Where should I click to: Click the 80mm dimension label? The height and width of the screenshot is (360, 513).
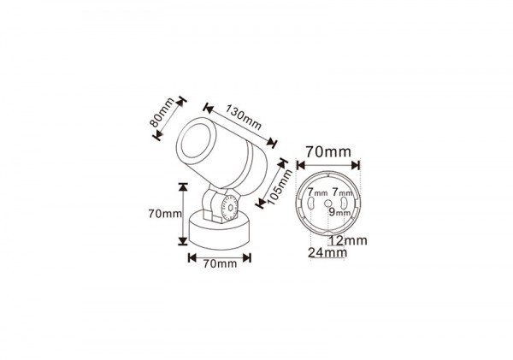162,112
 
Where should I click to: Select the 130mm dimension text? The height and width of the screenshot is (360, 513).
243,117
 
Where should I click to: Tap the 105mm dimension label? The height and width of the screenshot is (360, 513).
280,187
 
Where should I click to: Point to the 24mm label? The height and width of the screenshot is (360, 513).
327,252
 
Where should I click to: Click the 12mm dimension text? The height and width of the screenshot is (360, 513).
348,240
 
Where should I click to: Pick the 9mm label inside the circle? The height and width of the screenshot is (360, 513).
339,212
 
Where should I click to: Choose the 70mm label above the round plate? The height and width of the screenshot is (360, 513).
328,152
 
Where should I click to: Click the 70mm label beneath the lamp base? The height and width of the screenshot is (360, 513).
220,263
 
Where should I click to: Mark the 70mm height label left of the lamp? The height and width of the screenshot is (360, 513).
165,214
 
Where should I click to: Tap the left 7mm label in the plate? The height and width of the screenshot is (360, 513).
317,192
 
